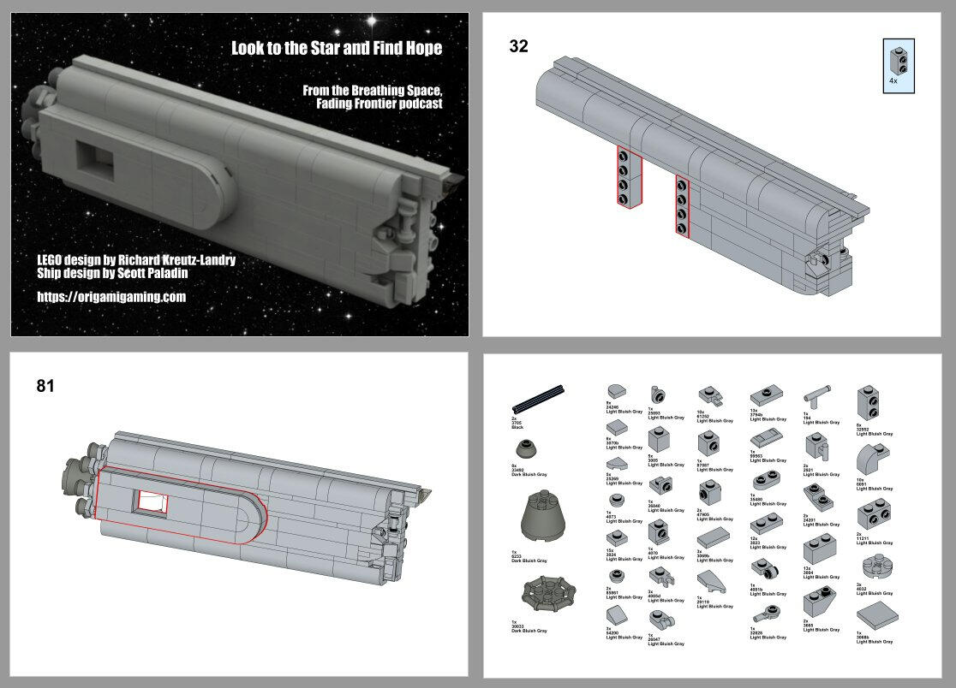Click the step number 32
pyautogui.click(x=518, y=46)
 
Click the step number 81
pyautogui.click(x=45, y=386)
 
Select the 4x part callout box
pyautogui.click(x=899, y=64)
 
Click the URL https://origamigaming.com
pyautogui.click(x=111, y=297)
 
